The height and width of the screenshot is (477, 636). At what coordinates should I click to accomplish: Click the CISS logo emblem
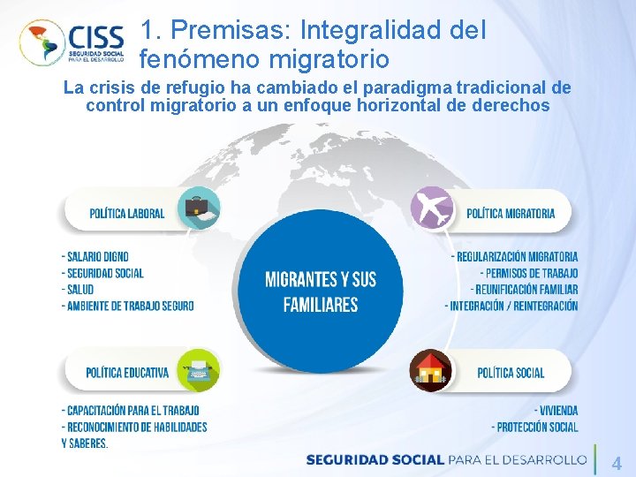click(x=42, y=42)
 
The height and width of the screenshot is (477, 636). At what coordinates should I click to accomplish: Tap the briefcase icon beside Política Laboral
click(x=198, y=209)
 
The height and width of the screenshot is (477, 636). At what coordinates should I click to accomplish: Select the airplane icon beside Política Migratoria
click(x=432, y=209)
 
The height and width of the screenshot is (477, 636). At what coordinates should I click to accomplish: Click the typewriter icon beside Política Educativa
click(x=198, y=370)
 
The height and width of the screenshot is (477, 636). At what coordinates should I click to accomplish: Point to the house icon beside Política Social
click(x=430, y=371)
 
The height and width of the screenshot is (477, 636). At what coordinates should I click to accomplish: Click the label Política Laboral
click(x=126, y=213)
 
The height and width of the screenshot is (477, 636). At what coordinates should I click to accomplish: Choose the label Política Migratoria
click(x=511, y=213)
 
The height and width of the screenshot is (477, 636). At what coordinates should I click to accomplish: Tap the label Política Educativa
click(x=127, y=373)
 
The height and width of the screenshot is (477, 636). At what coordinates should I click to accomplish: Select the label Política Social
click(x=511, y=373)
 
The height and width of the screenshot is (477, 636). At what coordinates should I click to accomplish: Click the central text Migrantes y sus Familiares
click(x=321, y=291)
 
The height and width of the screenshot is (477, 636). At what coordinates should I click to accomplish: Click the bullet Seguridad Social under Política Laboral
click(x=102, y=273)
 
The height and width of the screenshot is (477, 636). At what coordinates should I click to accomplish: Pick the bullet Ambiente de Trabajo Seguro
click(x=128, y=306)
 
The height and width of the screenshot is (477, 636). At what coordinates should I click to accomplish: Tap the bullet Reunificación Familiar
click(x=525, y=289)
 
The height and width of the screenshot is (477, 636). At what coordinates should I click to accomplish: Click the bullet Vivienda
click(x=556, y=411)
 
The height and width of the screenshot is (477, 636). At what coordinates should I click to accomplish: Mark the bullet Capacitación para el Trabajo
click(x=131, y=411)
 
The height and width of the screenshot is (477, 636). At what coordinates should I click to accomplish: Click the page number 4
click(x=617, y=462)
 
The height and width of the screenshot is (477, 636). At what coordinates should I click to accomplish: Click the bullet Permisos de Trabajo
click(x=530, y=273)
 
